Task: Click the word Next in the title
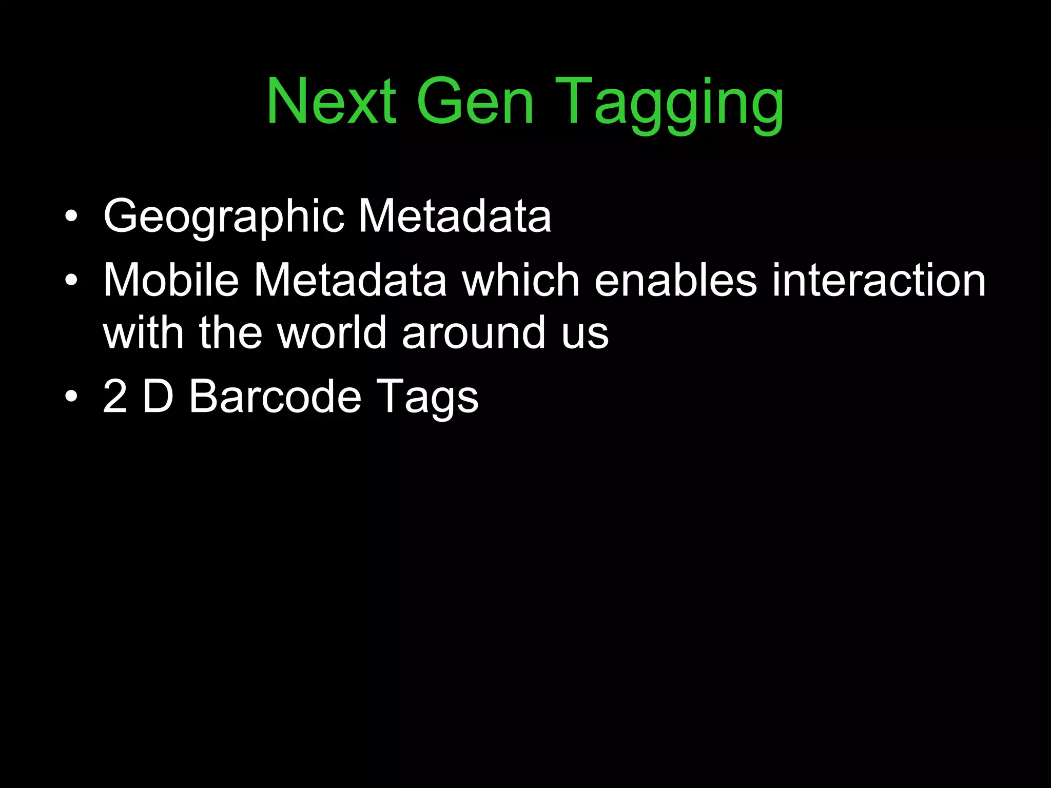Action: tap(331, 101)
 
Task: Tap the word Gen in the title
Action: tap(475, 101)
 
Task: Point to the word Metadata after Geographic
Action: tap(455, 216)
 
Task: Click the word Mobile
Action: tap(171, 280)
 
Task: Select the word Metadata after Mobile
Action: tap(350, 280)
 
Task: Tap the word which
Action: tap(520, 280)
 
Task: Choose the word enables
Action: tap(675, 280)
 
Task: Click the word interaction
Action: tap(879, 280)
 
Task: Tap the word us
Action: tap(585, 335)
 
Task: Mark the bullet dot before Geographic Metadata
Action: tap(71, 216)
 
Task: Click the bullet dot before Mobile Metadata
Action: tap(71, 281)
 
